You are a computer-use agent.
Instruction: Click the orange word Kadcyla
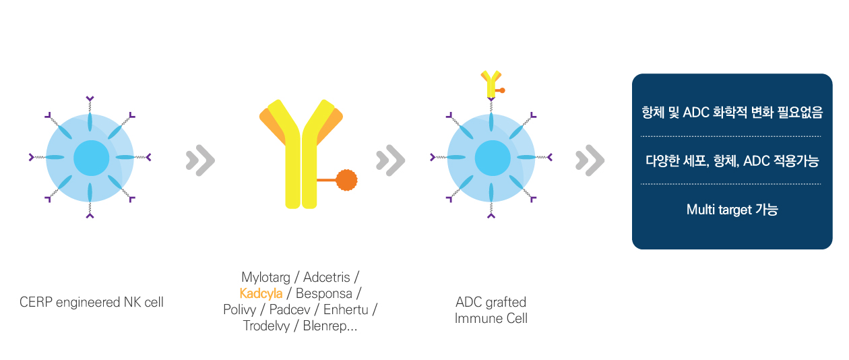[261, 293]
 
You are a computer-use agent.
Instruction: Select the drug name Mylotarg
[265, 277]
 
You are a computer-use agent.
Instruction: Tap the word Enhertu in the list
[346, 309]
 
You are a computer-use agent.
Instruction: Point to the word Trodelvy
[266, 326]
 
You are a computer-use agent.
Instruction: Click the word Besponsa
[324, 294]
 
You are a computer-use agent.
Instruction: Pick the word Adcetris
[326, 277]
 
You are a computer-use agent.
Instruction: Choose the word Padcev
[290, 309]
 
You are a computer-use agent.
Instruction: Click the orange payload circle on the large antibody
[346, 180]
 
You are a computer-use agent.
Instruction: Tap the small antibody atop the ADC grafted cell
[492, 85]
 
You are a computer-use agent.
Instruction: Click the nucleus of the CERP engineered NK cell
[92, 158]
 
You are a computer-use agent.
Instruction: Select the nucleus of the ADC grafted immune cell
[493, 158]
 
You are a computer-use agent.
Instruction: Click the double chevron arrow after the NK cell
[201, 160]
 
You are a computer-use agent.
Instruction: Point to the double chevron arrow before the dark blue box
[590, 160]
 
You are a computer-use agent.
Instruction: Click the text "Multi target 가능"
[732, 210]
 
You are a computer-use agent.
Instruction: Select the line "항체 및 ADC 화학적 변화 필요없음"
[732, 113]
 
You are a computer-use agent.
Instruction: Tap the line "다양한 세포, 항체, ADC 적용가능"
[732, 161]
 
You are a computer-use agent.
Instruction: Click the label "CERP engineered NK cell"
[92, 302]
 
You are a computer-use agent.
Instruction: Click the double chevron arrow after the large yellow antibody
[390, 160]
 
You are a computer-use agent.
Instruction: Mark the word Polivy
[240, 309]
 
